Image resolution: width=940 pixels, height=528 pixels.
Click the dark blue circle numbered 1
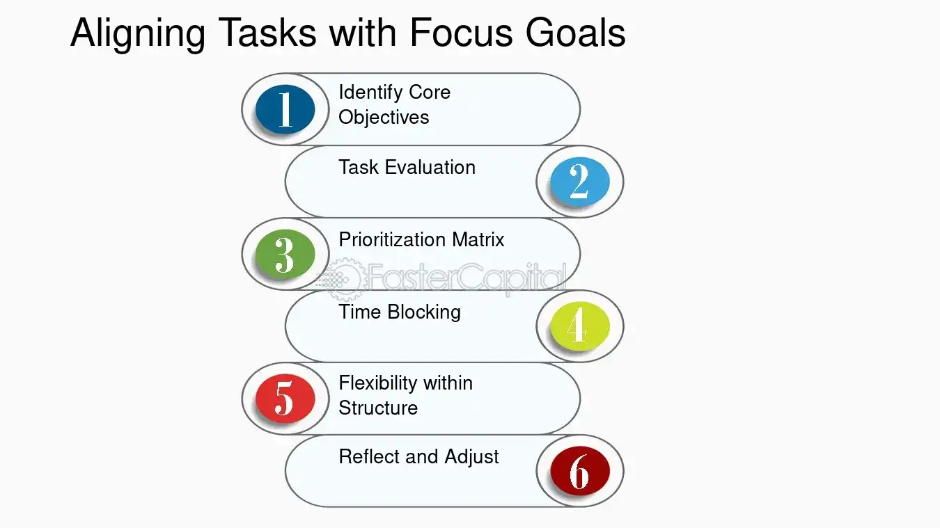pos(285,109)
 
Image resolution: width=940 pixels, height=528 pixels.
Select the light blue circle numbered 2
pos(579,182)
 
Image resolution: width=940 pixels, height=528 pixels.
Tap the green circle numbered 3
pos(285,254)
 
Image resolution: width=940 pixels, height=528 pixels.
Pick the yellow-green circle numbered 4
pos(579,326)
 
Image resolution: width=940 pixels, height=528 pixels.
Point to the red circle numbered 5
pos(285,399)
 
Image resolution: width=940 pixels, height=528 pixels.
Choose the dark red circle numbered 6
pos(579,471)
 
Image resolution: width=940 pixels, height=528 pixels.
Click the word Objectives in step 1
pos(384,117)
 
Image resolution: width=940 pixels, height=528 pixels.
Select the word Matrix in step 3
pos(477,239)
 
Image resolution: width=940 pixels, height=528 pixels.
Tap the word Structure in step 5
pos(378,408)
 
